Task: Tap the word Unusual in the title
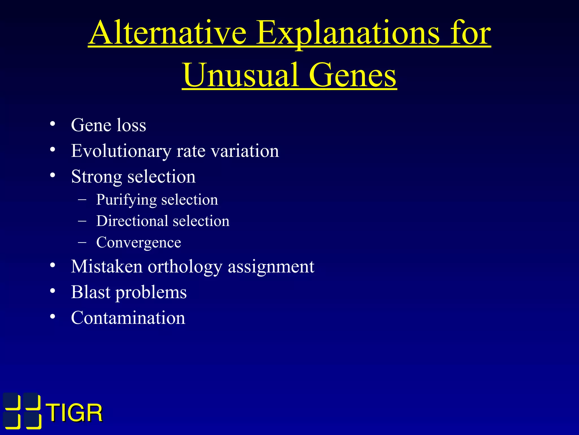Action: (241, 75)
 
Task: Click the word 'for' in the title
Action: (470, 33)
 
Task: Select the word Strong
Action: (96, 177)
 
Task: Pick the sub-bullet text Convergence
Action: (139, 242)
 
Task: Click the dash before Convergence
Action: (82, 242)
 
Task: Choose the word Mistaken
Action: (107, 266)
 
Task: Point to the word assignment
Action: (271, 267)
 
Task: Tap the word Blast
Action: (90, 292)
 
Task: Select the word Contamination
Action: (128, 318)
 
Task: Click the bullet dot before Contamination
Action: (53, 317)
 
